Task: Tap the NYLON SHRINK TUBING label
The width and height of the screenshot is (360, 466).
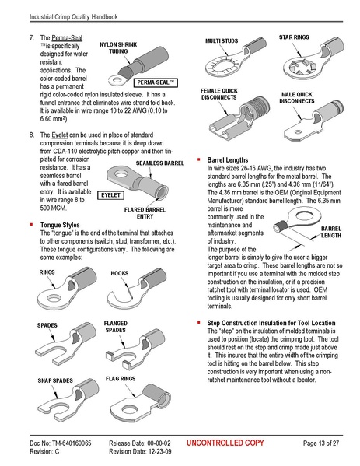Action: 117,50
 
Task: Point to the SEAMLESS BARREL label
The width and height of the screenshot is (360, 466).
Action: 160,164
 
